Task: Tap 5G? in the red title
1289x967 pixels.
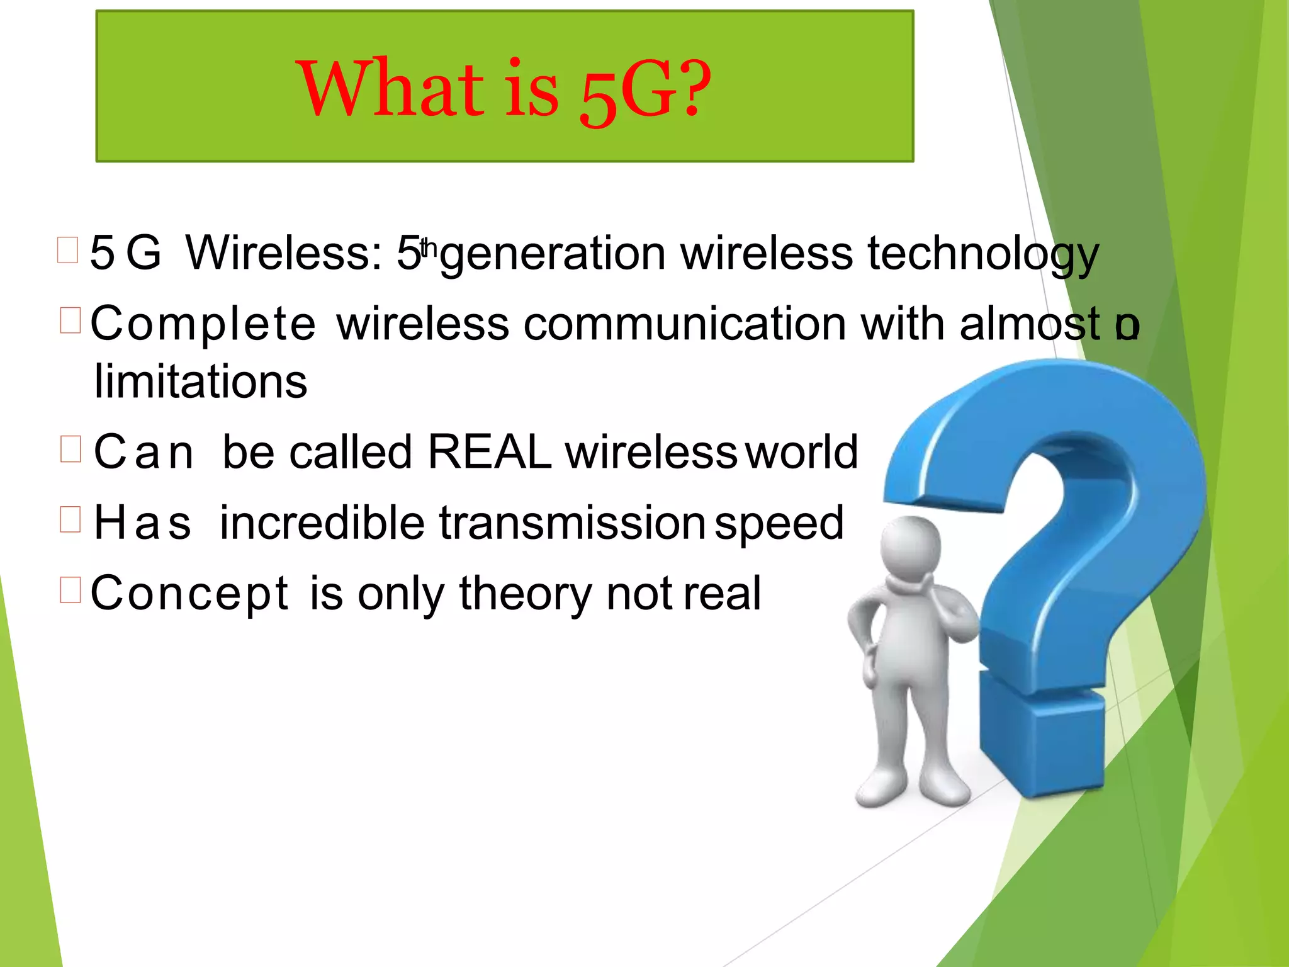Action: tap(644, 92)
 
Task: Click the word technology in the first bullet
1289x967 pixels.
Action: tap(982, 254)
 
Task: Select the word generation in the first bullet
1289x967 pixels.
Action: tap(553, 254)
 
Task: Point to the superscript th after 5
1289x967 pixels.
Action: tap(429, 247)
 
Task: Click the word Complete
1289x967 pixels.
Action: tap(203, 324)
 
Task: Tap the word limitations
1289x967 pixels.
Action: tap(201, 382)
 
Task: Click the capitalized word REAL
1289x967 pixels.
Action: tap(489, 452)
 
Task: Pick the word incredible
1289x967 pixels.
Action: tap(322, 523)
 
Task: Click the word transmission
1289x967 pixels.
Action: tap(571, 523)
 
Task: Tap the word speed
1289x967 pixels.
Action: tap(779, 524)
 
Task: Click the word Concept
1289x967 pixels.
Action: tap(189, 593)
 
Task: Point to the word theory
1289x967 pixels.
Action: tap(526, 593)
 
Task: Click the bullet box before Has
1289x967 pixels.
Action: tap(70, 519)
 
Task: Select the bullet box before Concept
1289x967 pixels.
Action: tap(70, 590)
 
